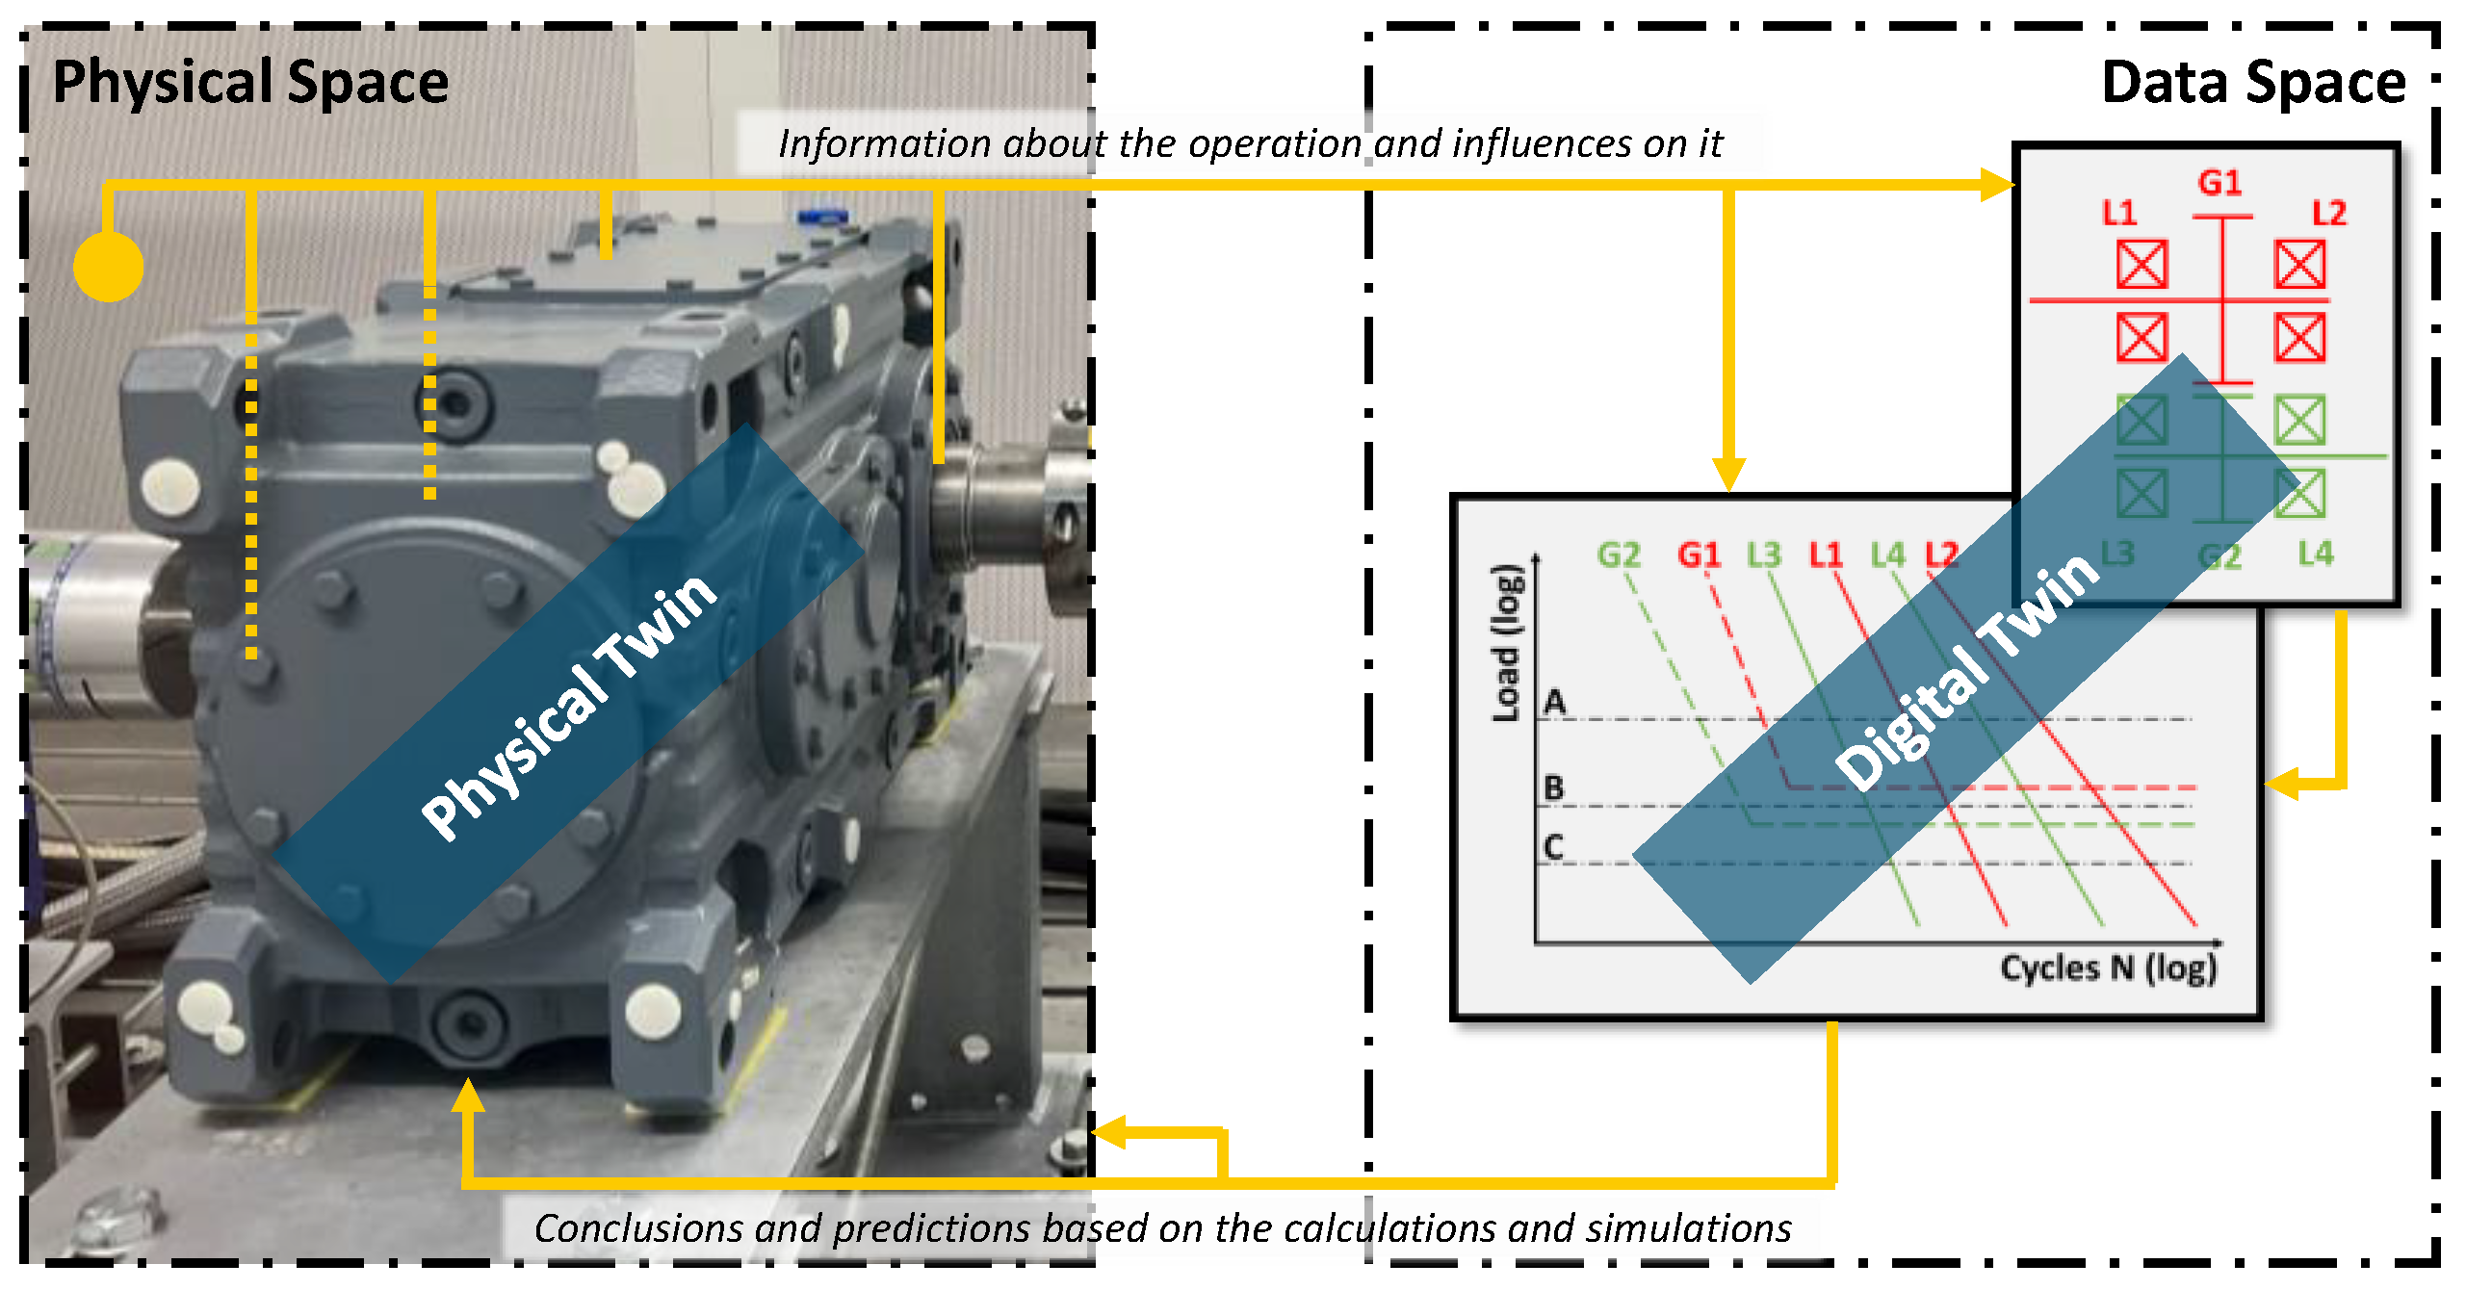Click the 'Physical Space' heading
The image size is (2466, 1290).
click(250, 83)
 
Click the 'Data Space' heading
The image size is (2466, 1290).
click(2253, 83)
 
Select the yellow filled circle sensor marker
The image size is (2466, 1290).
click(109, 267)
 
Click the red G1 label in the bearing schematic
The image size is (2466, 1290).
click(2219, 182)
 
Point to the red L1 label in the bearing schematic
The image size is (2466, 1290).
click(2118, 213)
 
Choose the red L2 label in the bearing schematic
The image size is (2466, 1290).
click(2329, 213)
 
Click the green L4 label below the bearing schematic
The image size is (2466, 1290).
click(2315, 554)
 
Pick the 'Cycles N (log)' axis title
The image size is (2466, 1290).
click(2109, 967)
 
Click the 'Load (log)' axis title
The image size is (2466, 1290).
click(1507, 642)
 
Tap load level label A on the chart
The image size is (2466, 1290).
click(1554, 702)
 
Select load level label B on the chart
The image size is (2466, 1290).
click(1553, 788)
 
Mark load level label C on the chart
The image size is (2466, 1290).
click(1553, 847)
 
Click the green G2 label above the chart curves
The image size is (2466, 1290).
click(1618, 555)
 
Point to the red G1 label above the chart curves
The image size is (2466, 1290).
click(1699, 555)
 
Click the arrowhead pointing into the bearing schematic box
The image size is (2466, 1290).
click(1997, 184)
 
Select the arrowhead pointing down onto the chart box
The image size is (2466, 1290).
click(1728, 475)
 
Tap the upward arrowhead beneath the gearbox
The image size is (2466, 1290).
click(468, 1095)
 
